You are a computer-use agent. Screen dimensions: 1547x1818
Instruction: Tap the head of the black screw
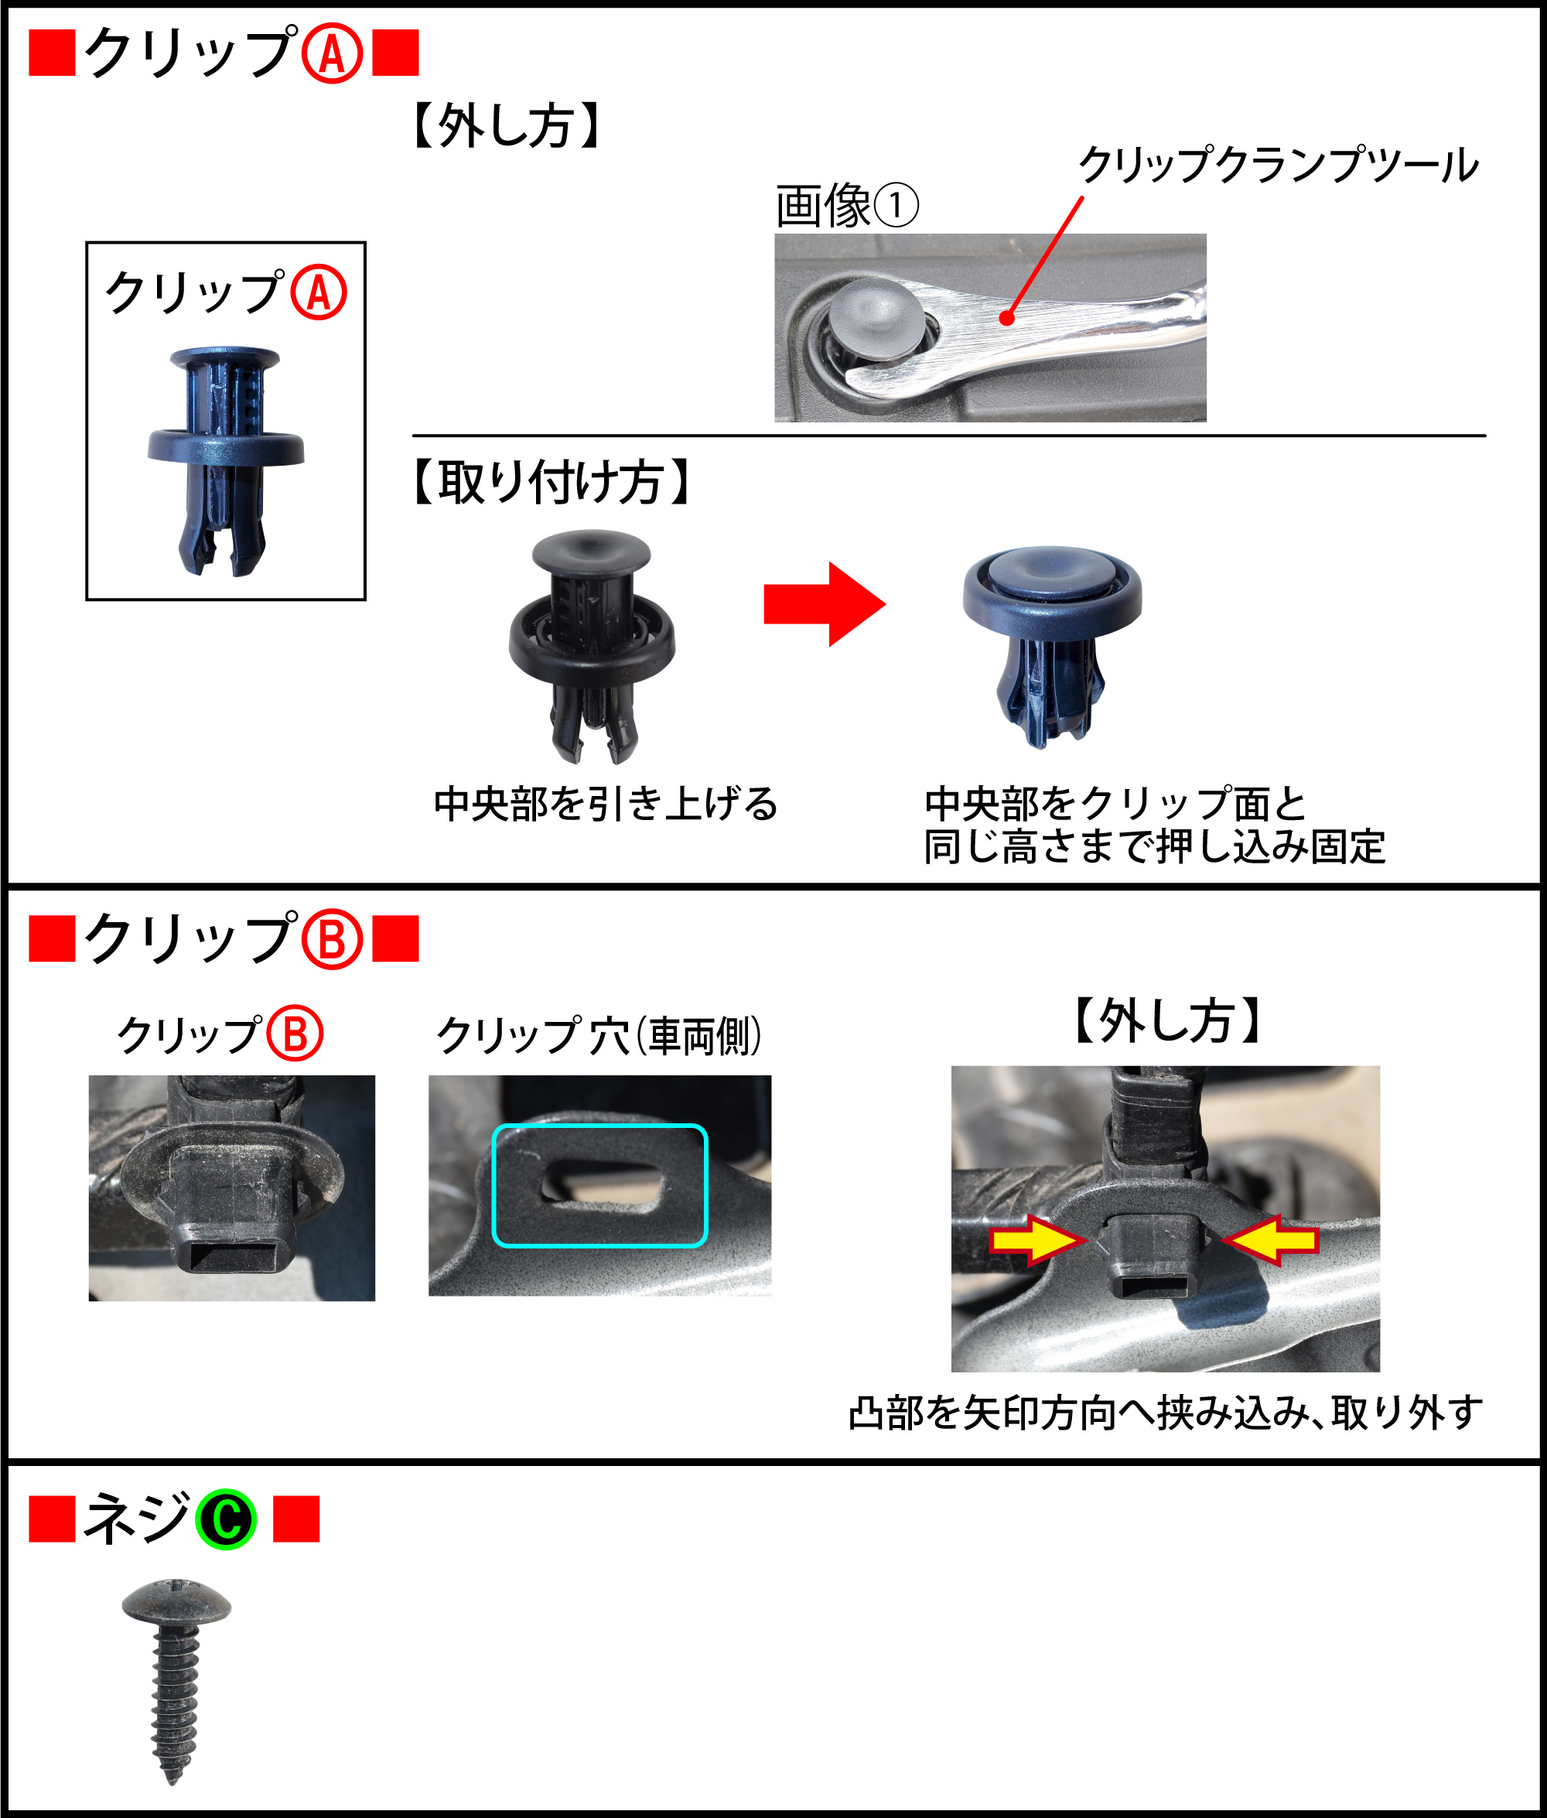176,1602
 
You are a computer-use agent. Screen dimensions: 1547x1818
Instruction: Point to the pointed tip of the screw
172,1780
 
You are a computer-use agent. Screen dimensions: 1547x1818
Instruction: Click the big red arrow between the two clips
825,604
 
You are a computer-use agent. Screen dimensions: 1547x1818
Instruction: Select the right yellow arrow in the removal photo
1270,1239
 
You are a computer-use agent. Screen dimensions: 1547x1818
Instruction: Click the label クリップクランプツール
1279,165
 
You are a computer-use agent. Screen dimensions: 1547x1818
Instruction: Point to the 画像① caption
847,206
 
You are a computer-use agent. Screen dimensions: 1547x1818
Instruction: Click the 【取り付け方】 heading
551,481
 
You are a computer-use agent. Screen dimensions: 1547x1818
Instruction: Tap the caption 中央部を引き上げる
606,803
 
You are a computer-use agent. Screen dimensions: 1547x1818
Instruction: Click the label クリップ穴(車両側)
599,1036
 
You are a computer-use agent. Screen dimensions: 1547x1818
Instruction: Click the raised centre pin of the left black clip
592,551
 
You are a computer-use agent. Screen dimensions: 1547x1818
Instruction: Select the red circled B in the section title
333,939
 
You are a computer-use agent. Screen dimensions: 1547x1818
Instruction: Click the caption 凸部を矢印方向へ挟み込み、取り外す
1166,1413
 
